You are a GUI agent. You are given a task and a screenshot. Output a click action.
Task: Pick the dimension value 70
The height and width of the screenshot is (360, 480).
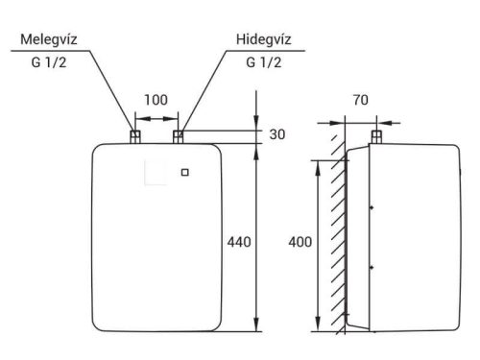360,98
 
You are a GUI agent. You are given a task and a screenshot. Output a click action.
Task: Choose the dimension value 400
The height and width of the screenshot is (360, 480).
300,243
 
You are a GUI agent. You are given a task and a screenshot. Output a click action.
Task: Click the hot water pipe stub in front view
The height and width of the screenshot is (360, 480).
135,136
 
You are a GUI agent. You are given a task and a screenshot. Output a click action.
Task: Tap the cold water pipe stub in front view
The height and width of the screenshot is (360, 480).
179,136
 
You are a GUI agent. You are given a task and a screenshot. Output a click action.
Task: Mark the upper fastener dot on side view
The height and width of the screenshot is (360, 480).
371,205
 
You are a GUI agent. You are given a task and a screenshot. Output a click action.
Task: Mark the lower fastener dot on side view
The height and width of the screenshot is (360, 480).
371,265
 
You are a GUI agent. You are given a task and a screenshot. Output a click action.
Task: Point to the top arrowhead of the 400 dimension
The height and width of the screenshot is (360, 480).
317,163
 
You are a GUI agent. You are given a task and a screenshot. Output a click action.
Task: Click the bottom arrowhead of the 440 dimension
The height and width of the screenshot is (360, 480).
256,329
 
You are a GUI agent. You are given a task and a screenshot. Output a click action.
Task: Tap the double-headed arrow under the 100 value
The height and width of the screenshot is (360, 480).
156,120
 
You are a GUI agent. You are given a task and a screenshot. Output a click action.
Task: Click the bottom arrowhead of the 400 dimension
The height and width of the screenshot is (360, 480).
317,328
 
